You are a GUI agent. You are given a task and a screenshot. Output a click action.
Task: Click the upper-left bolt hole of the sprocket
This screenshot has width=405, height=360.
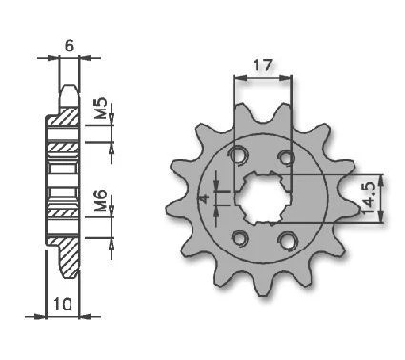click(x=237, y=155)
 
